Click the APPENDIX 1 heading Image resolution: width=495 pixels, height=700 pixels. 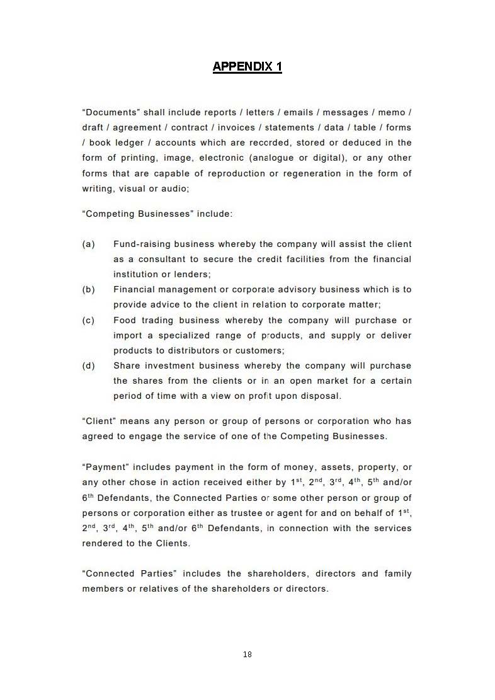click(247, 66)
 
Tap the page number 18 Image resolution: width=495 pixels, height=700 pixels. click(247, 655)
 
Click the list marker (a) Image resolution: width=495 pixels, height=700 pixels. click(88, 244)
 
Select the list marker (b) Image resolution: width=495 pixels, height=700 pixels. click(88, 289)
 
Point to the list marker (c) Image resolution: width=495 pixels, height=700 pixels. click(88, 320)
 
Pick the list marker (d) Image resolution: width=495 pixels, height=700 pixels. click(88, 365)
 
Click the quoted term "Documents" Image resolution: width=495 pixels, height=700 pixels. click(110, 112)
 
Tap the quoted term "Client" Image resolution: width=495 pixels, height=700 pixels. click(98, 421)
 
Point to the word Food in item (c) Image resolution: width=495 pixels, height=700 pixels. click(125, 320)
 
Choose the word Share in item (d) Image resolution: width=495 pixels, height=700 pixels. click(127, 365)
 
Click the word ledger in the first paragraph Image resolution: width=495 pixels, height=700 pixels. click(129, 142)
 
